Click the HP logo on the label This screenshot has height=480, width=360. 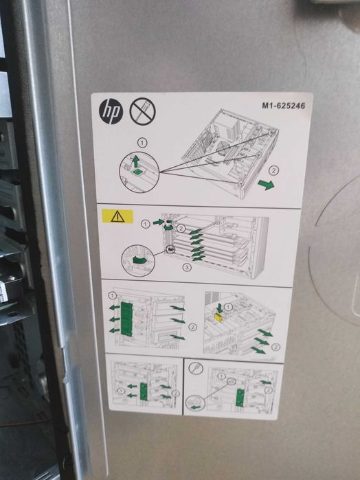click(x=111, y=111)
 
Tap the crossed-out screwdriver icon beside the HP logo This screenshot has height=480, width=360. click(x=142, y=110)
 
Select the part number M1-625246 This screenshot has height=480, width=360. click(x=282, y=106)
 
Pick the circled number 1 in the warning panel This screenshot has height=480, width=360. click(x=145, y=224)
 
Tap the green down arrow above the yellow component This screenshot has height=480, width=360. click(x=218, y=307)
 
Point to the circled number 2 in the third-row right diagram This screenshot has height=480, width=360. click(x=275, y=347)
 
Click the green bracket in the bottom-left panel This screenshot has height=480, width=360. click(x=144, y=391)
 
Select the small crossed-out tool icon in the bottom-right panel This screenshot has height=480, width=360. click(x=196, y=367)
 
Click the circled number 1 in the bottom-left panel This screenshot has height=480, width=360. click(x=122, y=391)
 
